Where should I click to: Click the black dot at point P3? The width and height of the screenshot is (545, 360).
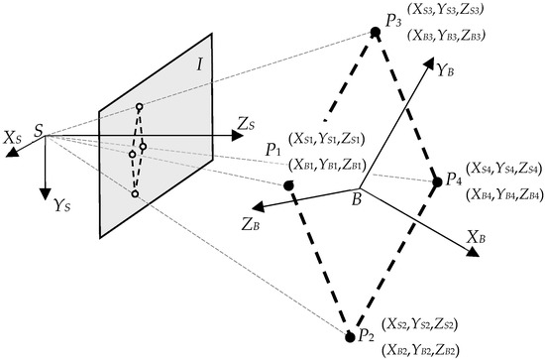pyautogui.click(x=376, y=34)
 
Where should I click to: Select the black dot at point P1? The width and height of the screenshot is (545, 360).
pyautogui.click(x=287, y=185)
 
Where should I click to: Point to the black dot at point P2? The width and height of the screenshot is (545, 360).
pyautogui.click(x=350, y=337)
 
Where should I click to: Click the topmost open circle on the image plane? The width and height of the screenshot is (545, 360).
pyautogui.click(x=140, y=107)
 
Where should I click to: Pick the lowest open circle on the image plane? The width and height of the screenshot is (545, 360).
pyautogui.click(x=134, y=193)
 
